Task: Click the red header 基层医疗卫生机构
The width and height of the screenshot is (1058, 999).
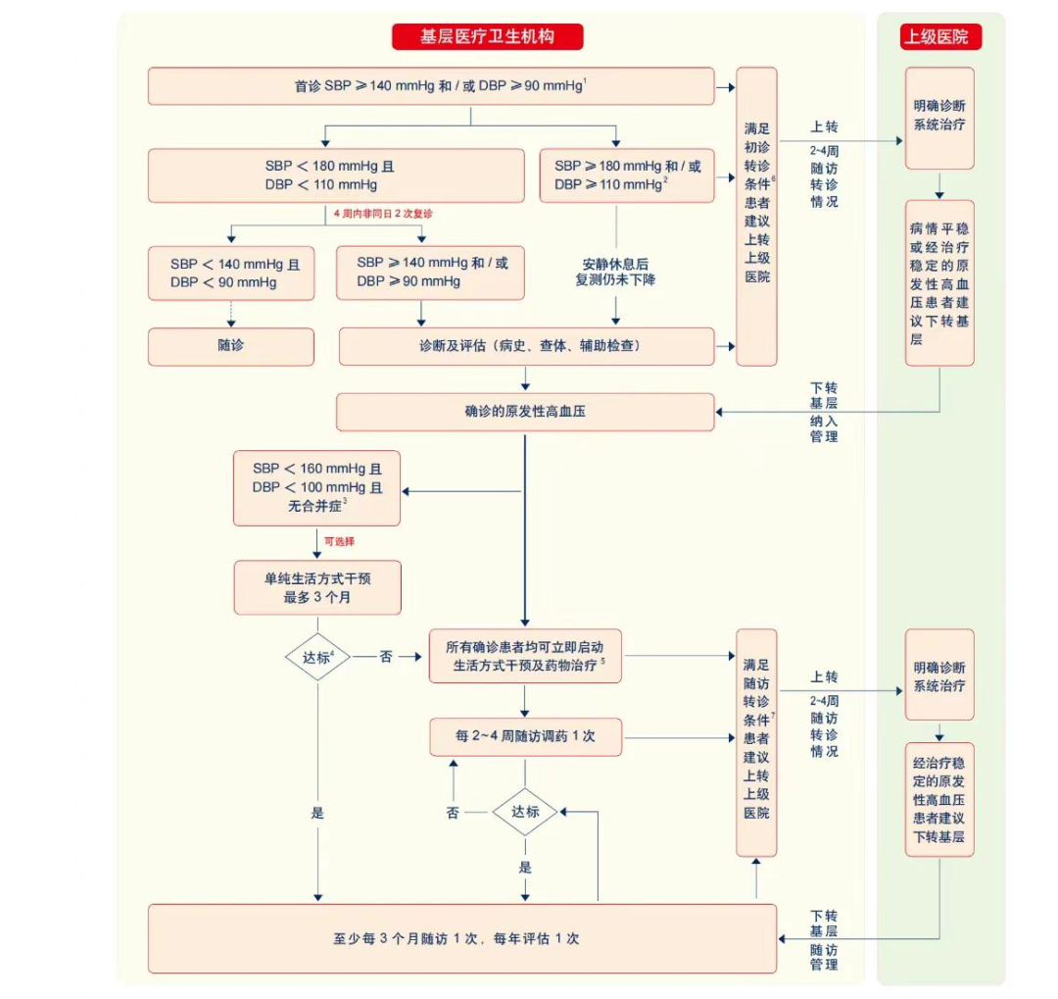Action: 487,37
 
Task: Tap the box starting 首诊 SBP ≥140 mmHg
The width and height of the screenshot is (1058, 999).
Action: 431,86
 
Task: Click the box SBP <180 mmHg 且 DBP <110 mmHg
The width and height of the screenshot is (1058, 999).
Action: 336,175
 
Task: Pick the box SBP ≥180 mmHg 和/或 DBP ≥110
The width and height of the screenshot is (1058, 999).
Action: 627,175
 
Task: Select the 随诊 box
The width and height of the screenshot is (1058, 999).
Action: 231,346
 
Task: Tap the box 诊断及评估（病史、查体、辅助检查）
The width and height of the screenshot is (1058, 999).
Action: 526,346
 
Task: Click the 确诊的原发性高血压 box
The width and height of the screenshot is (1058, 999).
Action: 525,412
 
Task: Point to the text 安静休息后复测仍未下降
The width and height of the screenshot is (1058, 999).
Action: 615,272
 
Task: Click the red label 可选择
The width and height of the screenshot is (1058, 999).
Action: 339,541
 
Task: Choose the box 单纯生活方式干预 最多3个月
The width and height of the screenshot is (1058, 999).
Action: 316,587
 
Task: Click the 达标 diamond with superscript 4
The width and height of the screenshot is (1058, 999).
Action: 317,658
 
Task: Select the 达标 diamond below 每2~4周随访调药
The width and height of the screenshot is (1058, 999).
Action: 525,812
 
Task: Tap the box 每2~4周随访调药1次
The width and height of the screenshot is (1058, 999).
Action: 525,736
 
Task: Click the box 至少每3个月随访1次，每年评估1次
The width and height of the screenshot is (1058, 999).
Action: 461,938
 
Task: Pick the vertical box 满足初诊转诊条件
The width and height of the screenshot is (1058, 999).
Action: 756,216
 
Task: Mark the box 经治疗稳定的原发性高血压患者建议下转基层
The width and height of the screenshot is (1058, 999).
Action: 939,799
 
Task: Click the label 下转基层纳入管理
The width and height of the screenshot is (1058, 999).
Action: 824,412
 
